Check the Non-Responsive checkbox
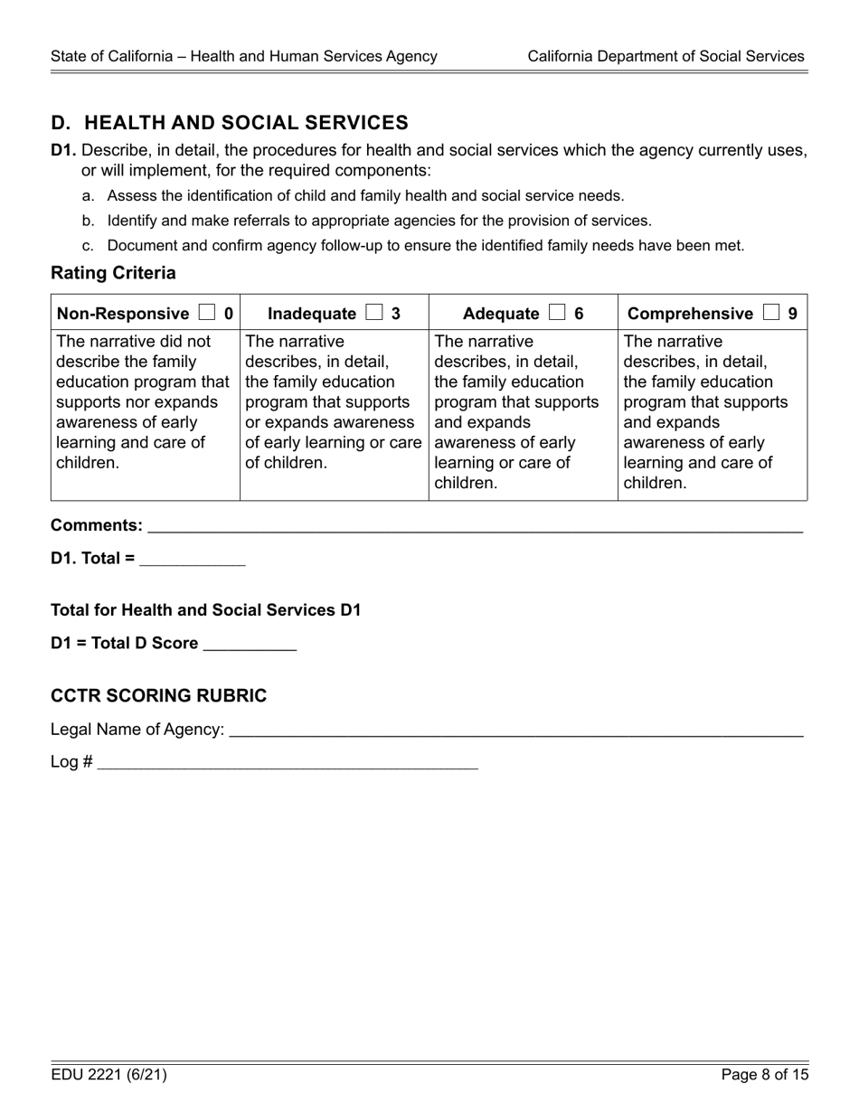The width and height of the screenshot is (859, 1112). tap(207, 313)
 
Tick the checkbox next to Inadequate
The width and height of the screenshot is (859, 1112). tap(374, 313)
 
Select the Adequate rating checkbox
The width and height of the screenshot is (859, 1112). tap(557, 313)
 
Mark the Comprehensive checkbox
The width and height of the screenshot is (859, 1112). tap(770, 313)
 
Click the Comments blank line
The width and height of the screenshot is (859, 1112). tap(474, 526)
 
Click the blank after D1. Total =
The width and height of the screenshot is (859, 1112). tap(193, 559)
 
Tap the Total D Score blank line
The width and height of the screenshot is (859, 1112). tap(250, 644)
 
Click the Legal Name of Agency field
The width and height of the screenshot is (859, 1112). tap(515, 730)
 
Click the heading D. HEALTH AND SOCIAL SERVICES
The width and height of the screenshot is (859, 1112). tap(230, 123)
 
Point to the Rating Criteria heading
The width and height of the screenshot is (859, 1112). tap(113, 273)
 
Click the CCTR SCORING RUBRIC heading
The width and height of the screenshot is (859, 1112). tap(159, 695)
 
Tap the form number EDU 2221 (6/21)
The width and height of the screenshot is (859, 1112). tap(109, 1075)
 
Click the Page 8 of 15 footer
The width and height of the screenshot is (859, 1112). tap(764, 1075)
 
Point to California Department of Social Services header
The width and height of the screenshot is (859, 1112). tap(665, 56)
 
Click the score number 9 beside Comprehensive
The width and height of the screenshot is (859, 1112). tap(792, 314)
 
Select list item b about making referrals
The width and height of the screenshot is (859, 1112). tap(378, 221)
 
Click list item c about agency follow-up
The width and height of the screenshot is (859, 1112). tap(425, 246)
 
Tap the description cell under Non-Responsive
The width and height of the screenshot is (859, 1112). tap(145, 402)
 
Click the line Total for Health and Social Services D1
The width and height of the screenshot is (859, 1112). tap(206, 610)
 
